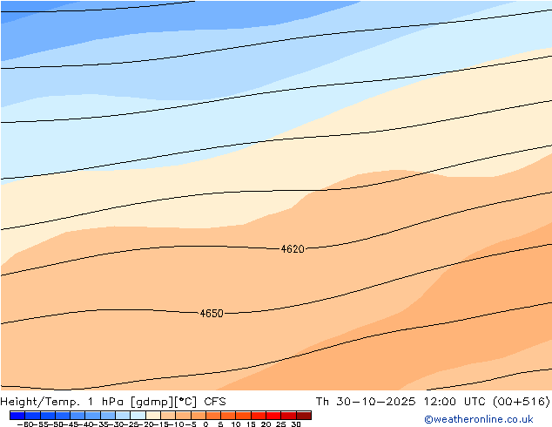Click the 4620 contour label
click(x=293, y=249)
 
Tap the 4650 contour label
click(x=212, y=314)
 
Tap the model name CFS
click(x=215, y=402)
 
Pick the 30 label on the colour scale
click(x=296, y=424)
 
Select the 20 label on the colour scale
click(x=266, y=424)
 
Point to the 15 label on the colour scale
click(x=251, y=424)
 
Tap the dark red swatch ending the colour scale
click(x=303, y=416)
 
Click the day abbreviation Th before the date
click(x=322, y=402)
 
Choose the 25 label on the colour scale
click(x=281, y=424)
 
